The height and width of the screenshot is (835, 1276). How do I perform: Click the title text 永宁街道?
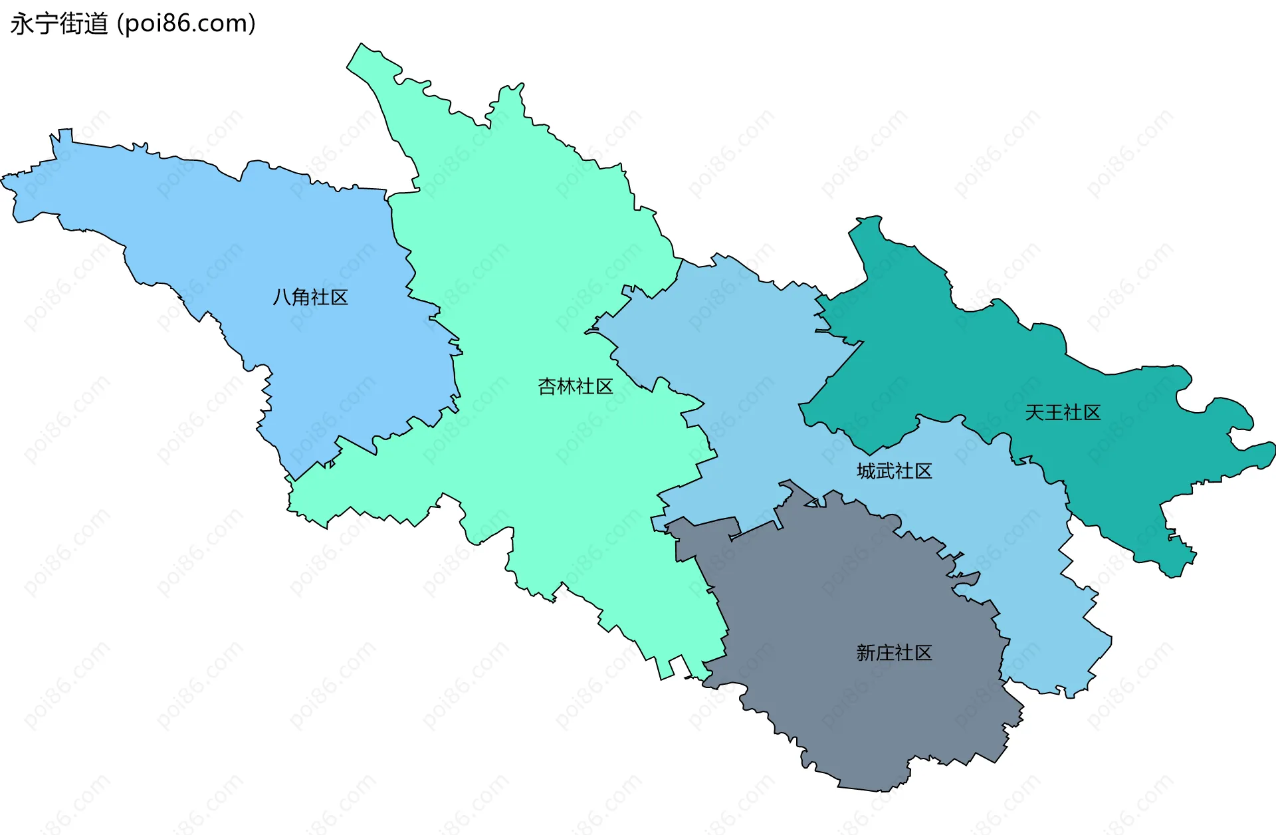(59, 24)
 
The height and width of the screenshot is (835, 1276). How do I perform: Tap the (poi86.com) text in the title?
(187, 24)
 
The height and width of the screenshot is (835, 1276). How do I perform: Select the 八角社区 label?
(310, 297)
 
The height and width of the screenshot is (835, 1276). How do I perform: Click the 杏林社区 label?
(575, 386)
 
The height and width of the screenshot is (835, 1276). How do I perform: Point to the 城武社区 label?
(894, 471)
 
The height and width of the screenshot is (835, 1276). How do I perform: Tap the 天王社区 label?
(1063, 413)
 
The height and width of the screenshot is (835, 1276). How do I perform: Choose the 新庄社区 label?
(894, 653)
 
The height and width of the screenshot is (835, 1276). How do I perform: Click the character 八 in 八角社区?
(282, 297)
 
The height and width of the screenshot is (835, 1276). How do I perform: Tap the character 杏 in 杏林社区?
(547, 386)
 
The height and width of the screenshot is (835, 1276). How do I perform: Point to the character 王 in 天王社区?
(1053, 413)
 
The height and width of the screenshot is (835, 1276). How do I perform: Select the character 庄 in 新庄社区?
(885, 653)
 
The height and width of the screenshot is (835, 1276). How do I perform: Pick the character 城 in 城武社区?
(866, 471)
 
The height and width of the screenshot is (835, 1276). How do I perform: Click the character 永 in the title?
(22, 24)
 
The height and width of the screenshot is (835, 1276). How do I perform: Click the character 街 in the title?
(71, 24)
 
